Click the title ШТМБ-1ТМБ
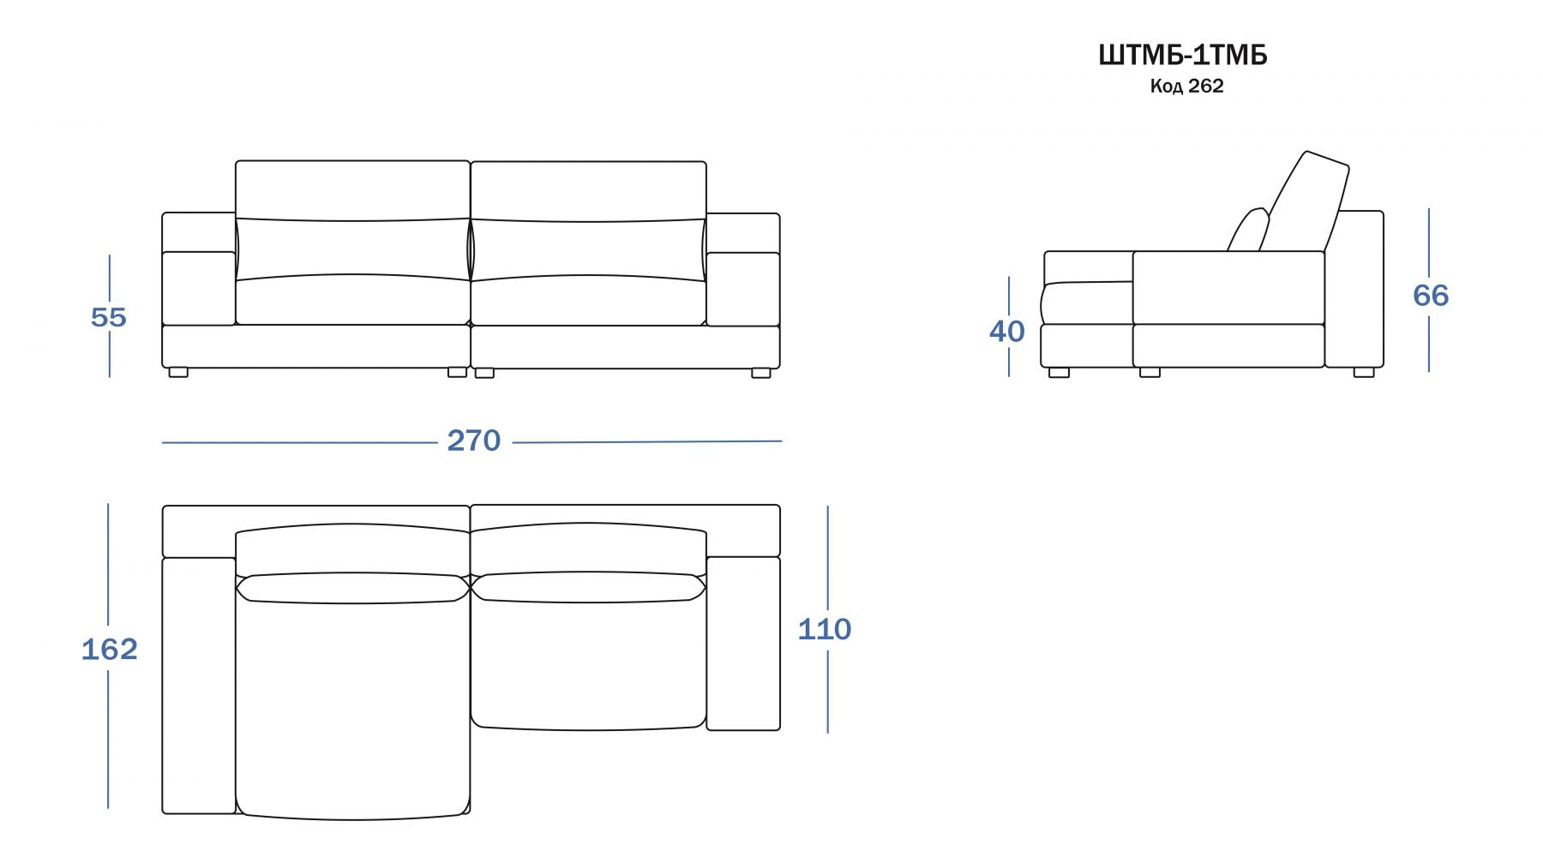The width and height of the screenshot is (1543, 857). (1182, 55)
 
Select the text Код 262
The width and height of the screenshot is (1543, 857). (1186, 86)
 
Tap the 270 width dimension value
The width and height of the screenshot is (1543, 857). (473, 440)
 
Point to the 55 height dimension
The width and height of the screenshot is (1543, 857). (109, 317)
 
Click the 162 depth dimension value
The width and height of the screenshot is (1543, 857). (109, 649)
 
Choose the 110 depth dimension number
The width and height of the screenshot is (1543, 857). (825, 629)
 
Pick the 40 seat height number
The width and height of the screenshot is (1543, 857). (1006, 331)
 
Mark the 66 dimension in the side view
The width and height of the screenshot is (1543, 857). (1431, 295)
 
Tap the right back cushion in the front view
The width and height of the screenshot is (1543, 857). (588, 220)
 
